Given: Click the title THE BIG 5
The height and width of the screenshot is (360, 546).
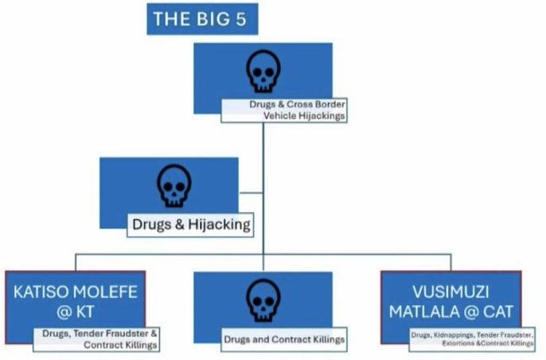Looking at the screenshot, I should pyautogui.click(x=202, y=19).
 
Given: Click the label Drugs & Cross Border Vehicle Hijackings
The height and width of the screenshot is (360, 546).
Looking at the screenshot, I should pyautogui.click(x=284, y=109).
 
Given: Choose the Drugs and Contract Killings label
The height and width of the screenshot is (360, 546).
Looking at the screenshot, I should pyautogui.click(x=284, y=339).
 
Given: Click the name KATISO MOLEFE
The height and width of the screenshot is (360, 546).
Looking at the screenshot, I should pyautogui.click(x=76, y=292).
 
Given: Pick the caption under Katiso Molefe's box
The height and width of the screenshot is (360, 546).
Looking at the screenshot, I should pyautogui.click(x=96, y=339).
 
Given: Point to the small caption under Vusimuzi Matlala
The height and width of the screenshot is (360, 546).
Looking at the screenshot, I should pyautogui.click(x=472, y=339).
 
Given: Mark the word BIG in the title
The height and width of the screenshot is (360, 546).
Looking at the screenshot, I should pyautogui.click(x=213, y=19).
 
